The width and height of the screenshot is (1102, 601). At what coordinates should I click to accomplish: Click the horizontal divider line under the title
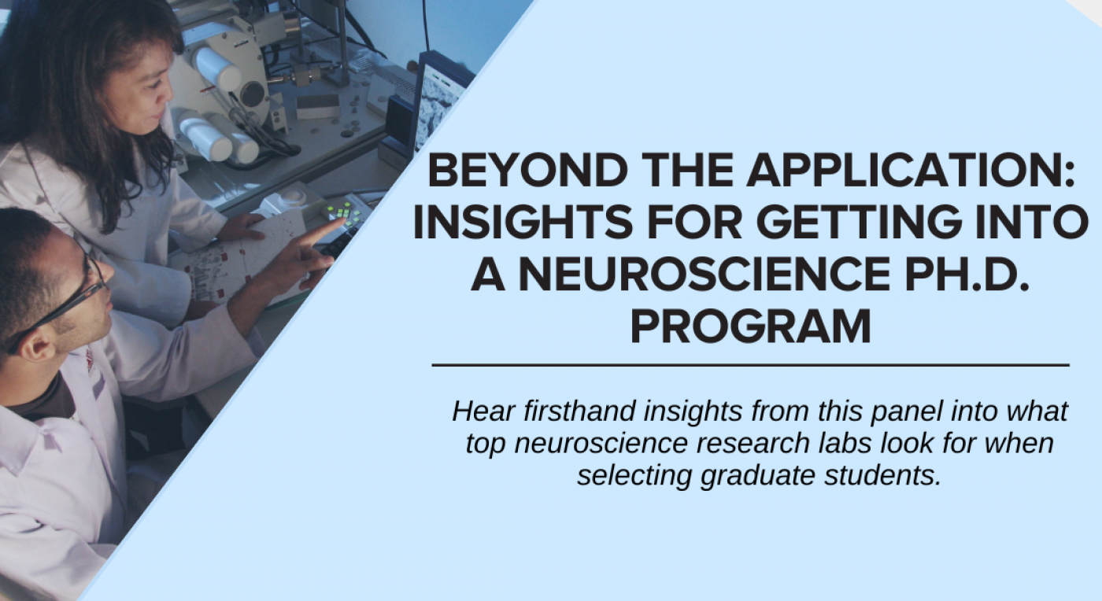pyautogui.click(x=750, y=365)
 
